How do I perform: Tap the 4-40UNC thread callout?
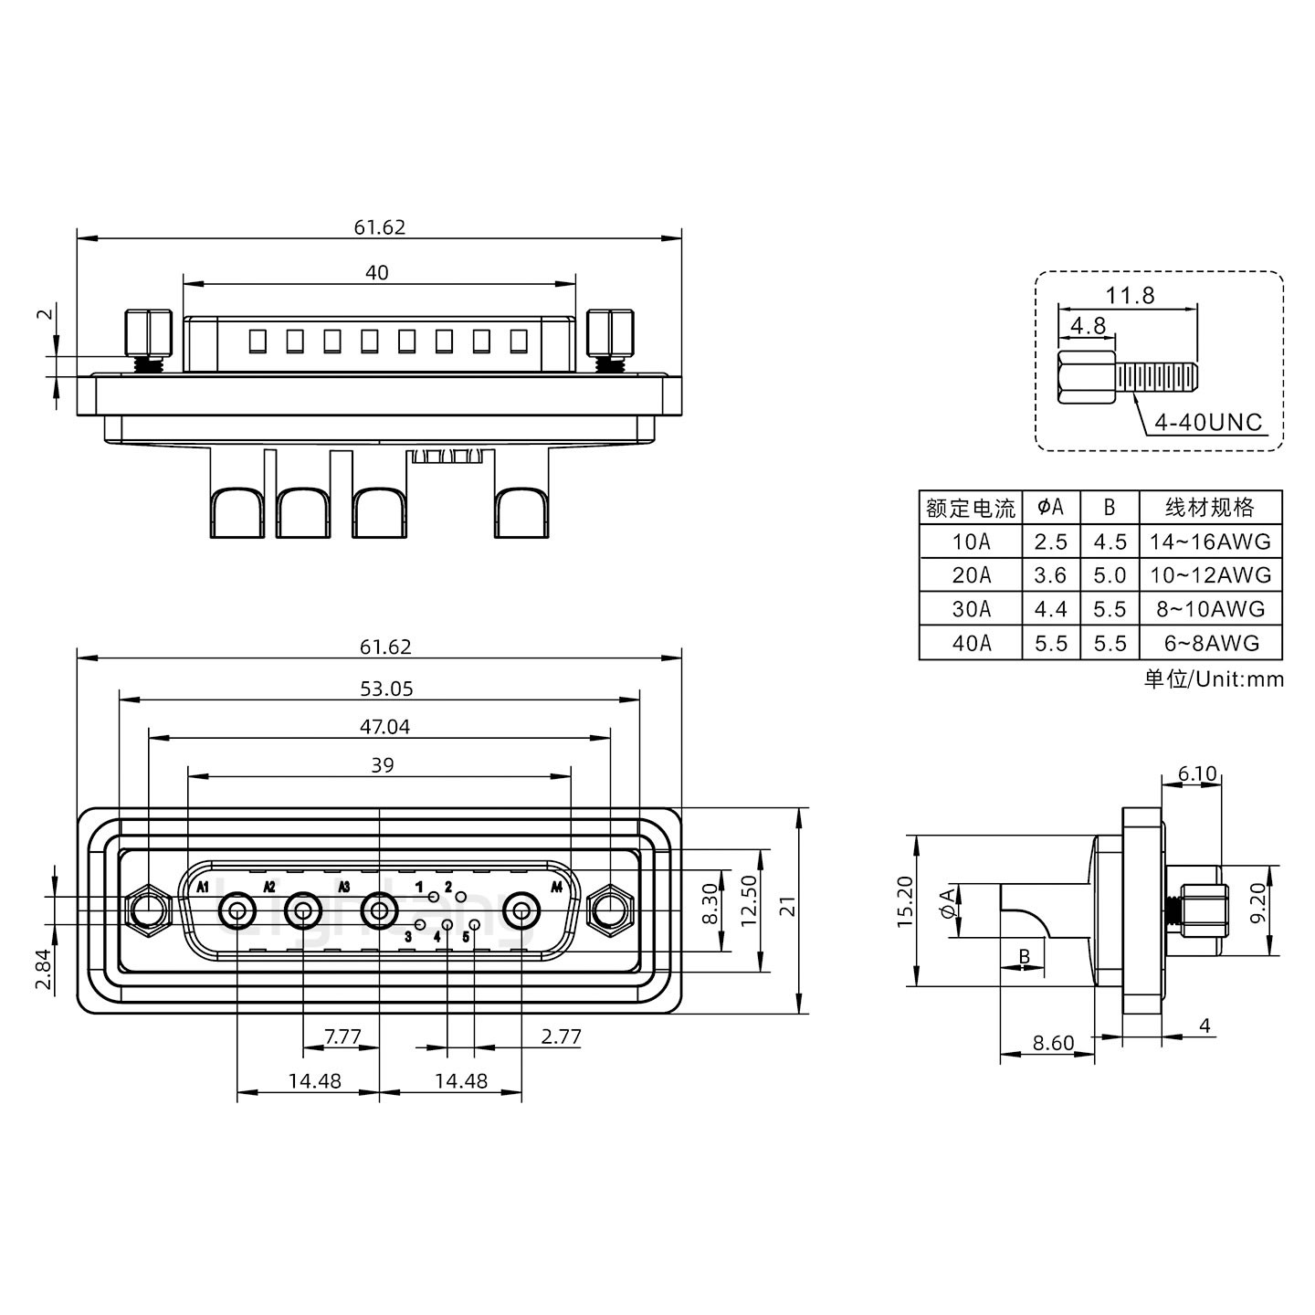tap(1207, 422)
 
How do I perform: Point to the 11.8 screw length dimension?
tap(1130, 295)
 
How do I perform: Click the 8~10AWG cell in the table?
tap(1211, 609)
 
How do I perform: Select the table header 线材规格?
tap(1210, 508)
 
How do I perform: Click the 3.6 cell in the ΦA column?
tap(1050, 575)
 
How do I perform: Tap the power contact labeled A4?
tap(521, 910)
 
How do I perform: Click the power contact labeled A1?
tap(237, 910)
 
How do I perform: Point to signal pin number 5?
tap(474, 925)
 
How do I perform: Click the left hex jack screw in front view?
tap(148, 910)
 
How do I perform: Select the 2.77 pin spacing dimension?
tap(560, 1036)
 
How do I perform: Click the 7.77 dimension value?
tap(342, 1036)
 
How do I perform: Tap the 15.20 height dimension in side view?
tap(904, 902)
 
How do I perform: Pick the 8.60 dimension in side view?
tap(1052, 1043)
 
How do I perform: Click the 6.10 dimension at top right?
tap(1196, 774)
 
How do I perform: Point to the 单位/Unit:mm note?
tap(1213, 679)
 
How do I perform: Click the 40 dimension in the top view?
tap(376, 272)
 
